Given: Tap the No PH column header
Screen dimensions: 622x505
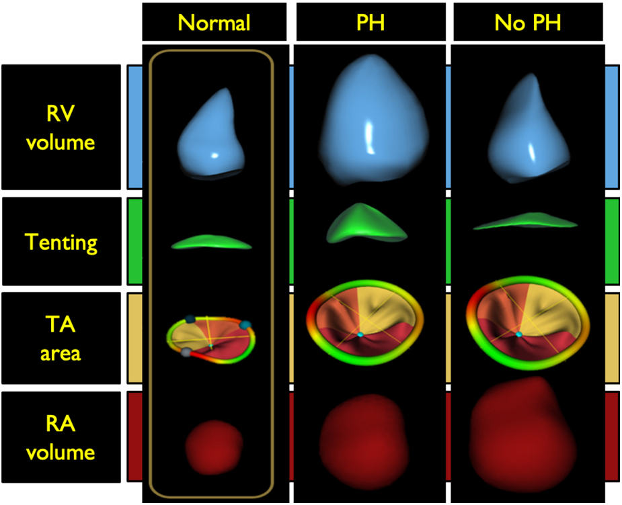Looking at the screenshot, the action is tap(528, 23).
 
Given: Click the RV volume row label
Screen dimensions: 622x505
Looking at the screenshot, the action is tap(62, 127).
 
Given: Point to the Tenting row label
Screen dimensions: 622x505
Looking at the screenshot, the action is tap(62, 241).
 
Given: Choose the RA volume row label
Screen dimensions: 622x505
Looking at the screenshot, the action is tap(62, 437).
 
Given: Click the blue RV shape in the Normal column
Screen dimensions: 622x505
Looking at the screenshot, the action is tap(210, 138).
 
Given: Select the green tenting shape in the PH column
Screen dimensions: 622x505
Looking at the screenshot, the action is tap(367, 224).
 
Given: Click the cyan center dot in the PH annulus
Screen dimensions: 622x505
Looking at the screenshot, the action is tap(360, 334).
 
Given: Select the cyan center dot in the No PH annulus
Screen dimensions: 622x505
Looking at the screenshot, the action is tap(518, 334).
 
